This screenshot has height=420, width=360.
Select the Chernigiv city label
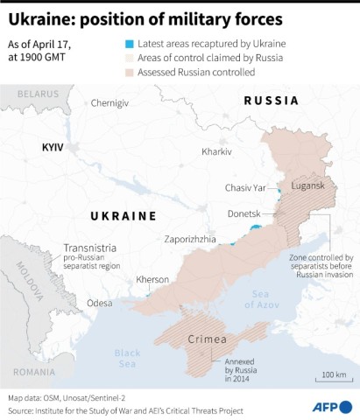coord(109,103)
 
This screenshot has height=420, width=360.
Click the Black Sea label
coord(128,359)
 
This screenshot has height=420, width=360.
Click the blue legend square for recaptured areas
coord(129,42)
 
